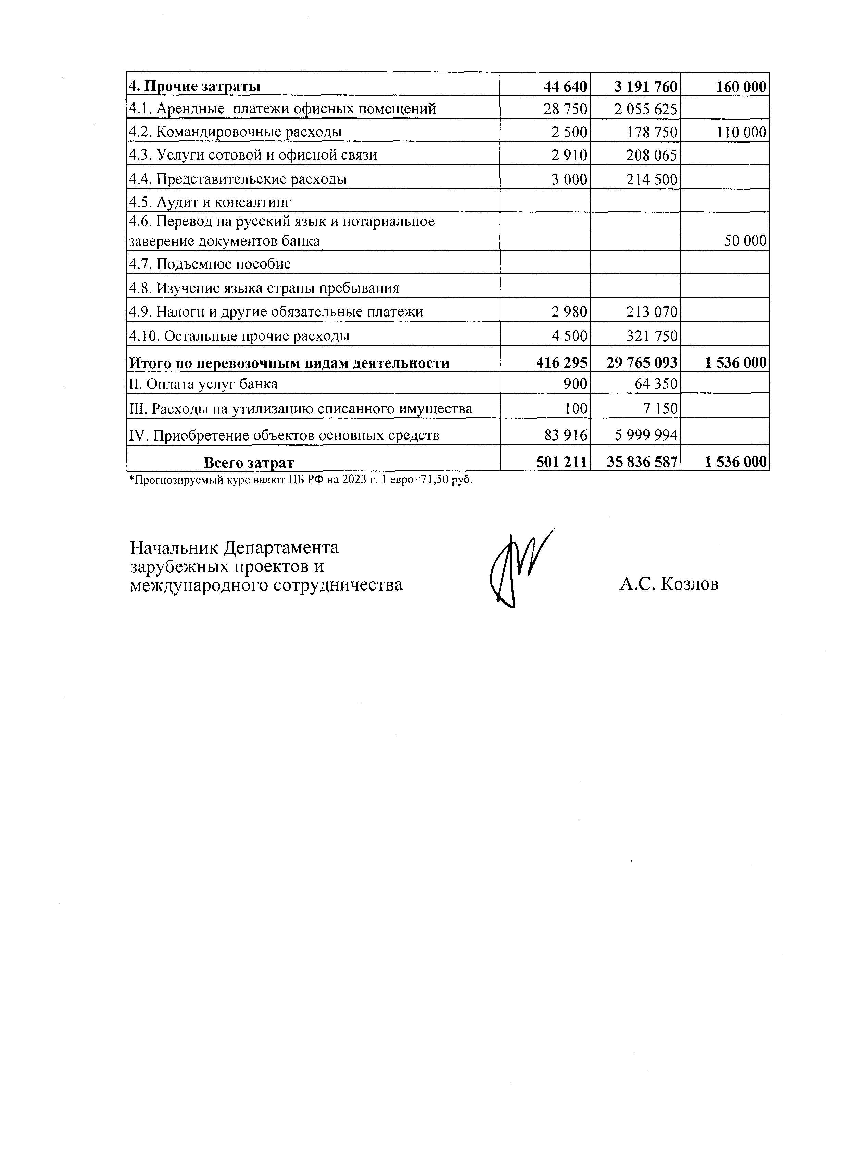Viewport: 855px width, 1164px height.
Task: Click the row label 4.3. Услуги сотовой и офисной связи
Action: (x=253, y=155)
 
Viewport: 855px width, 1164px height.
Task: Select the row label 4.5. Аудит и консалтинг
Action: (x=210, y=202)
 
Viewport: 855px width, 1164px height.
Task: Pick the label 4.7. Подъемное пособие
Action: (x=210, y=264)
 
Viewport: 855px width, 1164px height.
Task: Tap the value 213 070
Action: (x=651, y=312)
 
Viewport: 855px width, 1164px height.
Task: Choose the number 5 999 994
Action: (x=645, y=435)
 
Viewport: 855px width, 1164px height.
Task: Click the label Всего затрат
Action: (x=249, y=462)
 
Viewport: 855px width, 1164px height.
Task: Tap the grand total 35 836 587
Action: (x=642, y=462)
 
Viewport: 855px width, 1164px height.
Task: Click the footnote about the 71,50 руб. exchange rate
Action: (x=300, y=480)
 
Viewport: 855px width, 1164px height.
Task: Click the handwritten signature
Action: (x=518, y=570)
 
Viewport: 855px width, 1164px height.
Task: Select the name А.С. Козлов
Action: (x=669, y=584)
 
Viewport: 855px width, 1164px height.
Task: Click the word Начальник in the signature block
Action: (x=173, y=547)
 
